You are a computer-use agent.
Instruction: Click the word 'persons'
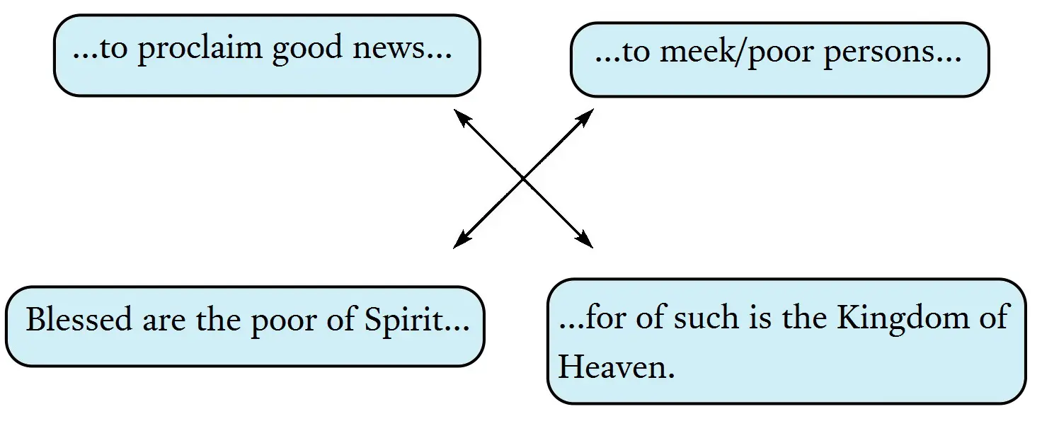878,54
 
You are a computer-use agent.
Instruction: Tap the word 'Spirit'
409,321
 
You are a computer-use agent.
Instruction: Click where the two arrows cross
523,179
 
